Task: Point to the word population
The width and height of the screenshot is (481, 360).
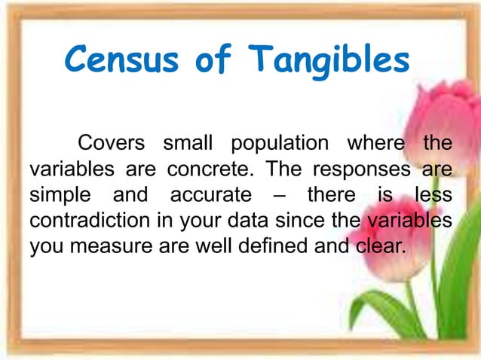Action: click(280, 143)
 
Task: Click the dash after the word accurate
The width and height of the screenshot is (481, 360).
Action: click(279, 196)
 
